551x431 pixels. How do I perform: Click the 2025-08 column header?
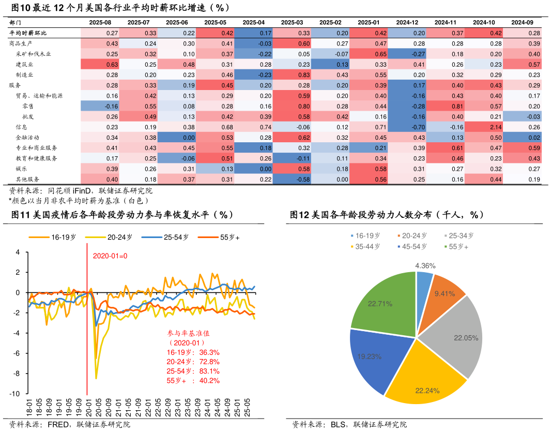tap(100, 22)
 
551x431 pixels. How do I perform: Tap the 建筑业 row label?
tap(25, 65)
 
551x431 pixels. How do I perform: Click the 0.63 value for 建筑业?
tap(100, 65)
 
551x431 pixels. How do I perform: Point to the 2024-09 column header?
tap(522, 22)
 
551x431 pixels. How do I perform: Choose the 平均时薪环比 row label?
tap(28, 33)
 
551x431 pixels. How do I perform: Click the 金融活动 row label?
tap(28, 138)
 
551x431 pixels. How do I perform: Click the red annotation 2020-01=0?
tap(110, 256)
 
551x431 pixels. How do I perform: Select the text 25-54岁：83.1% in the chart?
tap(193, 371)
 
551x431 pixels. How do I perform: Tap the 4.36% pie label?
tap(425, 265)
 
